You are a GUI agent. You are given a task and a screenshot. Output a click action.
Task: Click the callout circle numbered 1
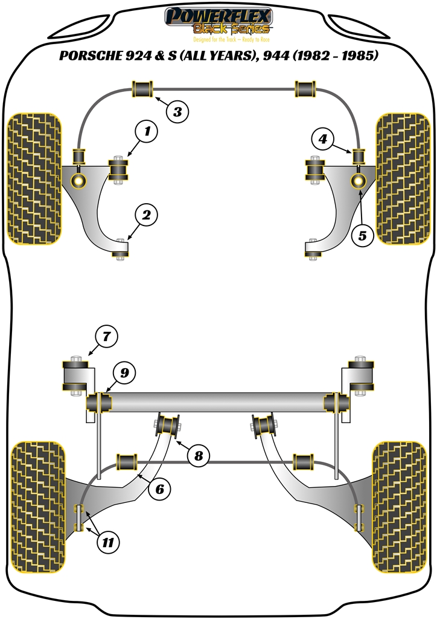[146, 130]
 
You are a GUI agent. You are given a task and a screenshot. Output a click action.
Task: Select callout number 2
[146, 214]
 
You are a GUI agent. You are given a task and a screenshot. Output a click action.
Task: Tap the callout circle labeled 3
[177, 111]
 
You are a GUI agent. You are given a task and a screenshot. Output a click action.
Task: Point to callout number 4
[323, 140]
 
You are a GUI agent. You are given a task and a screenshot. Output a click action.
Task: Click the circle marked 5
[362, 235]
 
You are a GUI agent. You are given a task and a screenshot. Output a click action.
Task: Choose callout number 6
[159, 489]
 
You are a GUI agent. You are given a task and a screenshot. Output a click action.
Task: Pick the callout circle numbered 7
[106, 335]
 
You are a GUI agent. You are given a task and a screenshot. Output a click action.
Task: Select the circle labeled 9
[124, 373]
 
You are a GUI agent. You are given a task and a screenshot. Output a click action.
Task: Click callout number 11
[106, 542]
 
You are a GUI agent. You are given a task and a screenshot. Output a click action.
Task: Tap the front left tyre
[34, 180]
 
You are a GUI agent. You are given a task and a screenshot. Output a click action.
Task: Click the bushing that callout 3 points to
[142, 89]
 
